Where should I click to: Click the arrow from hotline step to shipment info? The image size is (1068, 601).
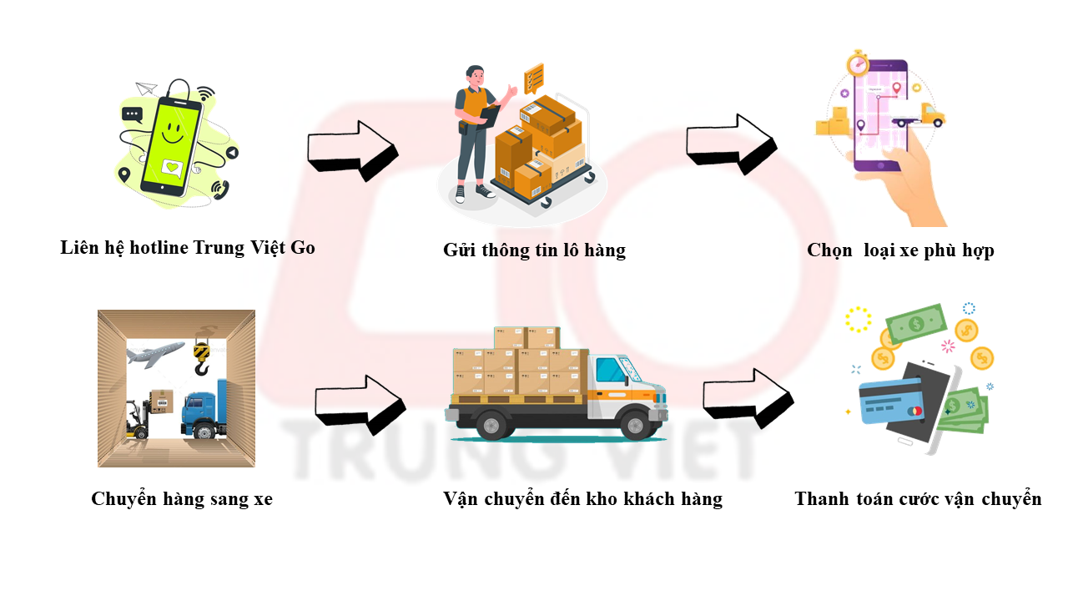click(x=352, y=151)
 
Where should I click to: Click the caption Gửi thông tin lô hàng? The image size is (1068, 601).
click(x=534, y=250)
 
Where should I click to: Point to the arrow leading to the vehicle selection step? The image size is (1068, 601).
click(x=731, y=144)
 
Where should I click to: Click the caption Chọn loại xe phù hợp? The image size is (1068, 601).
click(x=900, y=250)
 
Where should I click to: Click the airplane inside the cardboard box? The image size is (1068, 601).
click(x=156, y=354)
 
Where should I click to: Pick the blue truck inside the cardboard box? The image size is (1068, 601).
click(x=204, y=411)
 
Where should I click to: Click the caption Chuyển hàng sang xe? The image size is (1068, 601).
click(x=182, y=499)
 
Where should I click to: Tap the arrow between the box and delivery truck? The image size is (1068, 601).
click(x=360, y=406)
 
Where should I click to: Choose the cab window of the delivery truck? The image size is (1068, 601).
click(x=612, y=370)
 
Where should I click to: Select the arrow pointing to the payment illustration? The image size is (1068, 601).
click(x=748, y=399)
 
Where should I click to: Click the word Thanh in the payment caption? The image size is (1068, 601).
click(x=821, y=499)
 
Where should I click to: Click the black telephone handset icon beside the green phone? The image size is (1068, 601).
click(x=220, y=190)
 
